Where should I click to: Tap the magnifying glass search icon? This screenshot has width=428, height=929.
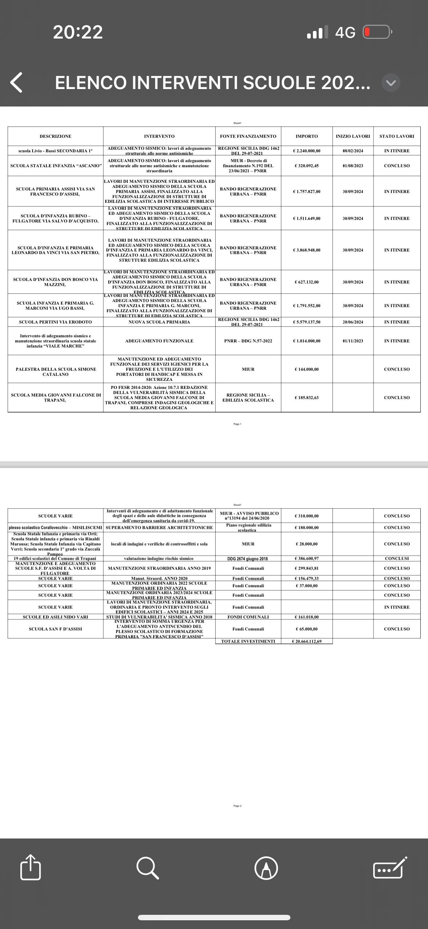[147, 868]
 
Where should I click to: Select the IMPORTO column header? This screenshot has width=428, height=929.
[307, 136]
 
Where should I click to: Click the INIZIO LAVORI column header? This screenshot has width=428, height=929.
[353, 136]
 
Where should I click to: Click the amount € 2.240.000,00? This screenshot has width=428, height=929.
[307, 151]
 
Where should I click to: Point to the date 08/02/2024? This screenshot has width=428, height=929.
[353, 151]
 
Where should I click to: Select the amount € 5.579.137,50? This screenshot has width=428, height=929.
[307, 322]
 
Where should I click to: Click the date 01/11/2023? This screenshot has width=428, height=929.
[353, 341]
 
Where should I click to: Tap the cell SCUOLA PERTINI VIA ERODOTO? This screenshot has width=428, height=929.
[56, 322]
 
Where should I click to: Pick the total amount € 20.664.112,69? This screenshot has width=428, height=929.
[307, 642]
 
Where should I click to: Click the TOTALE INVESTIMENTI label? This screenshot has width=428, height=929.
[248, 642]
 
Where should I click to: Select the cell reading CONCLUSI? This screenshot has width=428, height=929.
[397, 559]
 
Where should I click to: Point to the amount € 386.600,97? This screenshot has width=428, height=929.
[307, 559]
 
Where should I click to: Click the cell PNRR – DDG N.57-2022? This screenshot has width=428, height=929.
[248, 341]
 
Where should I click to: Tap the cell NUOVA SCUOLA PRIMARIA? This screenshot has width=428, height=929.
[159, 322]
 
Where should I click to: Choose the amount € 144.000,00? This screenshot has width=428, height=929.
[307, 369]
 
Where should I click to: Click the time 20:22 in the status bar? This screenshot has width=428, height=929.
[78, 32]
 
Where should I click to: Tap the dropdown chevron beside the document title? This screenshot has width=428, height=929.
[391, 83]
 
